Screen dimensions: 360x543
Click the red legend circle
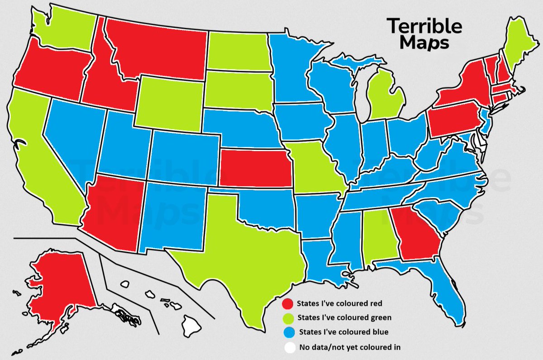tap(286, 303)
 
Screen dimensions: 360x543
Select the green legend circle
tap(286, 317)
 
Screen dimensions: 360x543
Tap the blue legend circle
tap(286, 332)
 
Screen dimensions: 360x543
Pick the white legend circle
tap(286, 348)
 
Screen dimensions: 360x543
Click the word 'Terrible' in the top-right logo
tap(424, 26)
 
